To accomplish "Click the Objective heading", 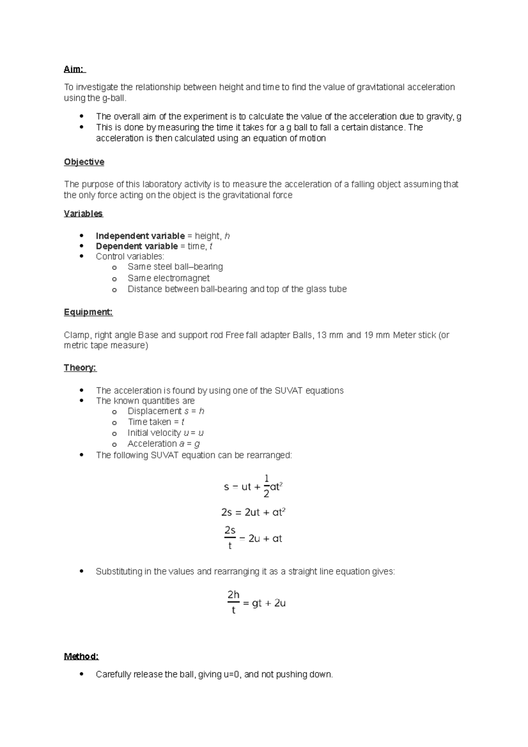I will [x=84, y=162].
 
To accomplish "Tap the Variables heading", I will [x=83, y=213].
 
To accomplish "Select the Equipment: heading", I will [x=88, y=312].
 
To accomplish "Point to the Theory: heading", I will [x=80, y=367].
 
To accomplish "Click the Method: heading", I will [x=81, y=656].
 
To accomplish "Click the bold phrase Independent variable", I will [x=140, y=236].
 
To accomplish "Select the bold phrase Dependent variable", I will [x=136, y=246].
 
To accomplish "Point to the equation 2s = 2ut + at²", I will [x=253, y=512].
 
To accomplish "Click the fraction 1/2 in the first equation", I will [x=266, y=486].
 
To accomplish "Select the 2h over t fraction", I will [x=233, y=602].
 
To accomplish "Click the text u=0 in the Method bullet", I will [x=231, y=674].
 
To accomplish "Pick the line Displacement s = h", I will [x=166, y=411].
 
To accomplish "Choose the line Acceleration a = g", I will [x=164, y=443].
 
